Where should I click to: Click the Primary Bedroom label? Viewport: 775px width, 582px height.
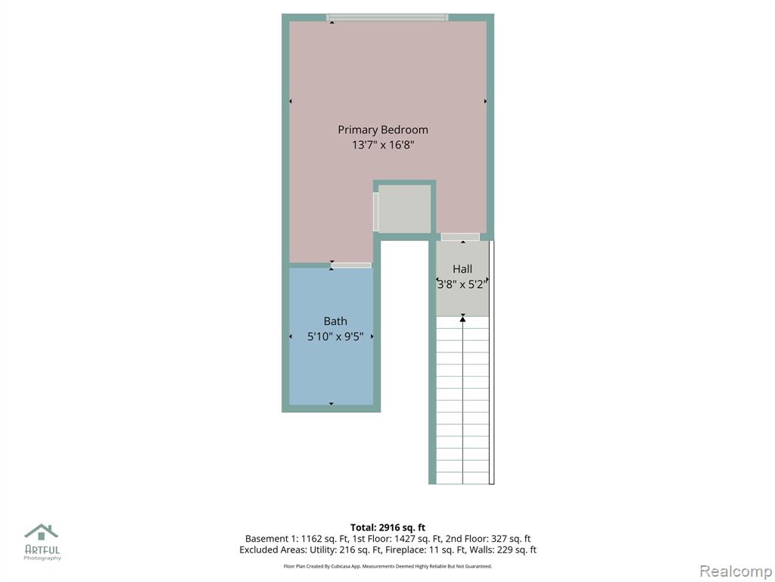[x=382, y=130]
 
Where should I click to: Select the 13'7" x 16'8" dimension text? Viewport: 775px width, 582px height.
[x=382, y=145]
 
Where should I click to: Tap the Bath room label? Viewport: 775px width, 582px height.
[x=335, y=321]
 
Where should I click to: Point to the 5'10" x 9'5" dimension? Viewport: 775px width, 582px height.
[x=335, y=336]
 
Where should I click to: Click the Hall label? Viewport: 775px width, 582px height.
[x=462, y=269]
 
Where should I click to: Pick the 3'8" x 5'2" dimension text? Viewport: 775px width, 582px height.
[x=462, y=284]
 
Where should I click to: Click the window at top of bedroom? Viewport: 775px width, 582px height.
[x=387, y=18]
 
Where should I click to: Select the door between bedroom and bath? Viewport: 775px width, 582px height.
[x=351, y=265]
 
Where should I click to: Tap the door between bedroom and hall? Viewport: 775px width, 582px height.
[x=460, y=237]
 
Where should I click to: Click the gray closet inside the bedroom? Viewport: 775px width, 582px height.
[x=404, y=208]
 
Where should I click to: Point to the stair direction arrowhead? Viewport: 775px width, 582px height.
[x=462, y=320]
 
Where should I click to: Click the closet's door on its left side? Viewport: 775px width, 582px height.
[x=375, y=212]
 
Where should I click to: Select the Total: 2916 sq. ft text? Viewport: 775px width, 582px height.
[x=387, y=527]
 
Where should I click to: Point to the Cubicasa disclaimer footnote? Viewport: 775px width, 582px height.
[x=387, y=566]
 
